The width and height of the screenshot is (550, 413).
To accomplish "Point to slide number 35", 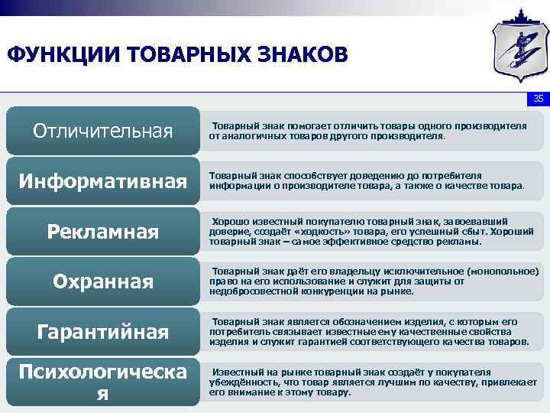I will [538, 99].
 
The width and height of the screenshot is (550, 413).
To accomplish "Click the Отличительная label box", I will [102, 131].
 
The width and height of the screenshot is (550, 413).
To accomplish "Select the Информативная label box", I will [102, 181].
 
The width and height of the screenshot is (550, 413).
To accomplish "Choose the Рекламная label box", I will [102, 232].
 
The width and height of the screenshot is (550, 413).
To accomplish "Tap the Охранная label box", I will [102, 282].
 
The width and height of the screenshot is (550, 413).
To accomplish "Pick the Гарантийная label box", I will [102, 333].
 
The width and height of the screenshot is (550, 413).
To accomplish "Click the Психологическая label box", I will [102, 382].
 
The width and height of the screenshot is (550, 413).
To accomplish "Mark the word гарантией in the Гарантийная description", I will [299, 343].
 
